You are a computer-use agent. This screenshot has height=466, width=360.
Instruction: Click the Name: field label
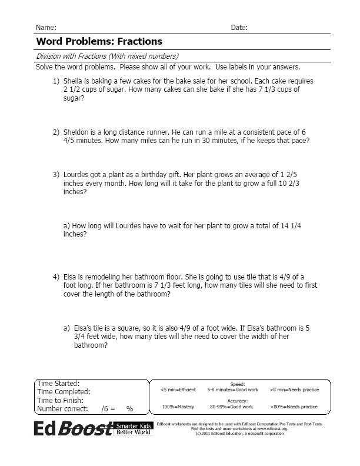pyautogui.click(x=46, y=28)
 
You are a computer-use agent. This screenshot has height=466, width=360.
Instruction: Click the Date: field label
pyautogui.click(x=239, y=28)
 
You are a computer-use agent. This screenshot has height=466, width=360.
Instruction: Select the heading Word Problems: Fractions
pyautogui.click(x=99, y=42)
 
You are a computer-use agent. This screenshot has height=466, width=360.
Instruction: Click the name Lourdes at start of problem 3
pyautogui.click(x=78, y=175)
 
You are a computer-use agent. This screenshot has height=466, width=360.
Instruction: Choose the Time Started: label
pyautogui.click(x=58, y=383)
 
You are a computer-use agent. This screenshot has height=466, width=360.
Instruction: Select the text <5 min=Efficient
pyautogui.click(x=178, y=390)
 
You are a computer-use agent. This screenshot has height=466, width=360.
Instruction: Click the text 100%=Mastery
pyautogui.click(x=178, y=407)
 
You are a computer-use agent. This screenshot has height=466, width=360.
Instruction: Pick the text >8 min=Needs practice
pyautogui.click(x=294, y=390)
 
